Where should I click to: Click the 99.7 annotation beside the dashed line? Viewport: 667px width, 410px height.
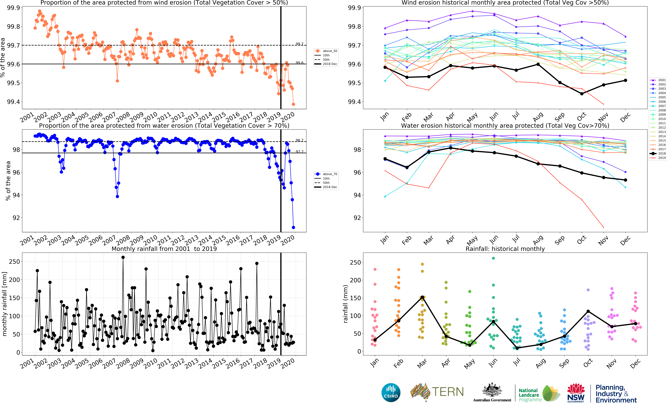(x=299, y=44)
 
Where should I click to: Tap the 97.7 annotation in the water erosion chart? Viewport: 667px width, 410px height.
(x=299, y=152)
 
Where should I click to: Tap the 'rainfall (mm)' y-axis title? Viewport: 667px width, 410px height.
(x=345, y=304)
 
